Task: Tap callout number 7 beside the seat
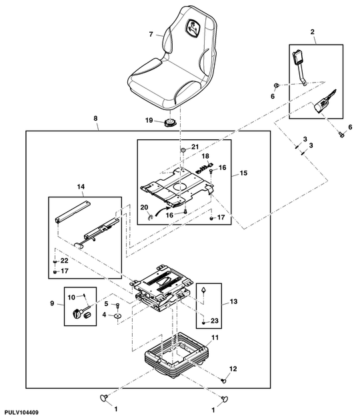tap(151, 34)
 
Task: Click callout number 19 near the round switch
tap(149, 120)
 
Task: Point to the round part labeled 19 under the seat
tap(169, 123)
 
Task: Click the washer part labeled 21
tap(183, 149)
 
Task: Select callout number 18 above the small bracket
tap(205, 156)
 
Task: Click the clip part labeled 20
tap(150, 217)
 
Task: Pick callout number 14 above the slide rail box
tap(81, 187)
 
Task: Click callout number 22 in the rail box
tap(64, 261)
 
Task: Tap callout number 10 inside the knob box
tap(71, 297)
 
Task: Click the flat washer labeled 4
tap(117, 316)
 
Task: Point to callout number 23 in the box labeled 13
tap(215, 321)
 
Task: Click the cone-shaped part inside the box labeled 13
tap(204, 290)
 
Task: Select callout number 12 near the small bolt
tap(233, 369)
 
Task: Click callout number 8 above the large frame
tap(95, 119)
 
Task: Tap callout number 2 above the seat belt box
tap(312, 31)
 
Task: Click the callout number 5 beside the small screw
tap(106, 304)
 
